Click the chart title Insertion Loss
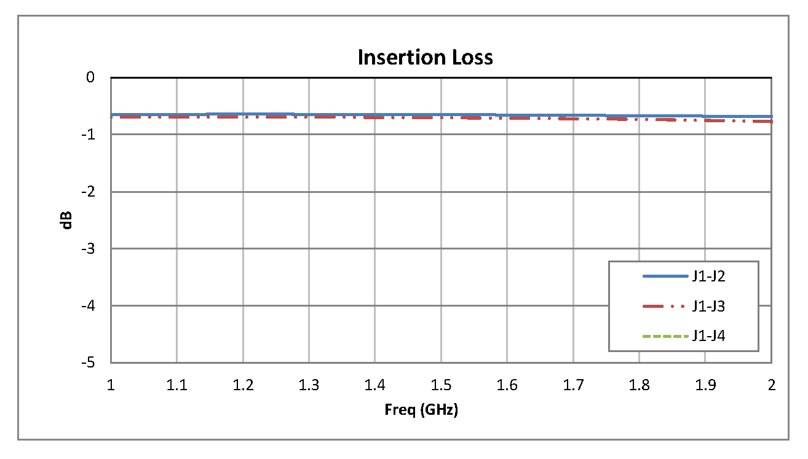pos(425,57)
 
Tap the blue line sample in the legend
pos(665,277)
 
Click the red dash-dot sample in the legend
pos(665,306)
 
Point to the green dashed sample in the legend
pos(665,336)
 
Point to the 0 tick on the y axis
pos(91,77)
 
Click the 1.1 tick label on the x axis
pos(176,385)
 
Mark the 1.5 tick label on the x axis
pos(441,385)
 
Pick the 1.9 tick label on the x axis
pos(705,385)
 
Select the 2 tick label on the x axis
pos(771,385)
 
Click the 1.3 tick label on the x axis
pos(309,385)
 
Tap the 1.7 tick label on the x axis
pos(573,385)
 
